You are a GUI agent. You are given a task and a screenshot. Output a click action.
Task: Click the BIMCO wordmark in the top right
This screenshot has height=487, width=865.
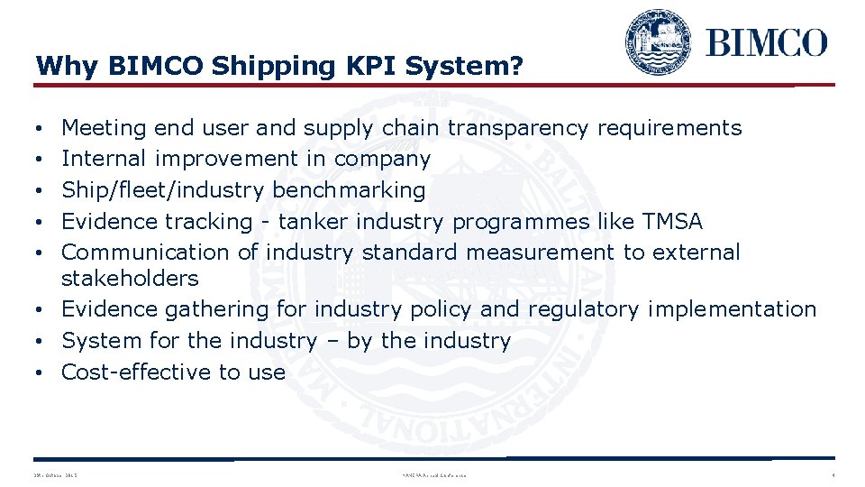(766, 41)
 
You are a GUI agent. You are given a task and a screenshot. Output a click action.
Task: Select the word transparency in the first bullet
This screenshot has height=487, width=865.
(519, 128)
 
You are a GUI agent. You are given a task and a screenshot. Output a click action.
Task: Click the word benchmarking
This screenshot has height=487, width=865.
(349, 190)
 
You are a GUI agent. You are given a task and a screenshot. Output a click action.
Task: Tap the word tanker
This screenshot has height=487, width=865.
(314, 221)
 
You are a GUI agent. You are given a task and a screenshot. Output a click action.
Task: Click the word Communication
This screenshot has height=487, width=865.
(140, 252)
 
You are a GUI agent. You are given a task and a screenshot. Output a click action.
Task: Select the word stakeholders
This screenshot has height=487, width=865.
(130, 278)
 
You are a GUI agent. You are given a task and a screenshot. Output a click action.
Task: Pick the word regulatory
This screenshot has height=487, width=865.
(582, 309)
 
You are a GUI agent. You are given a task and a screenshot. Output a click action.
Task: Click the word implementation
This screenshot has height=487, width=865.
(732, 309)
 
